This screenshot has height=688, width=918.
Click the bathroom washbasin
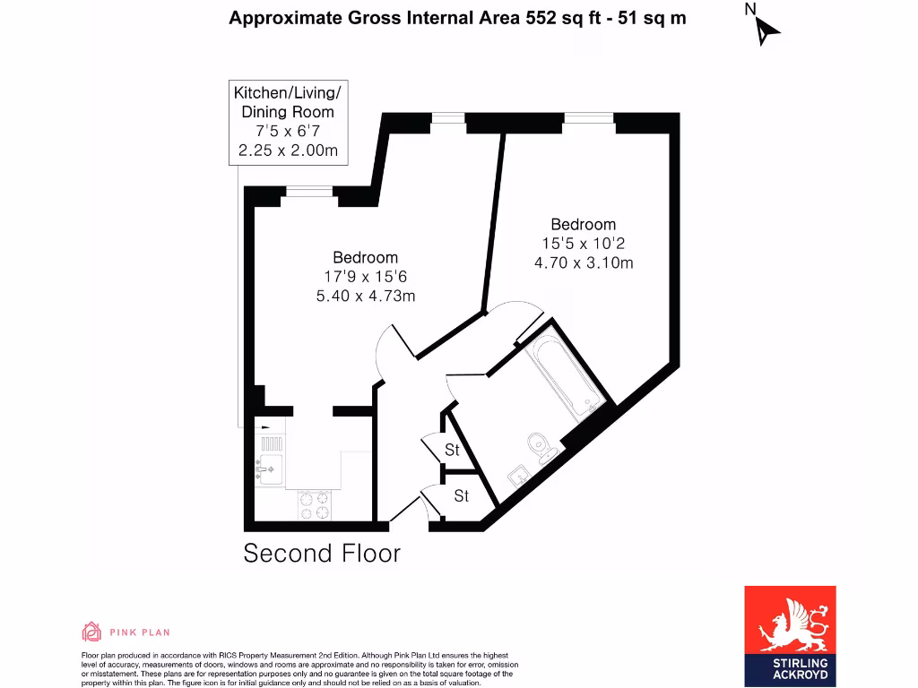(x=518, y=475)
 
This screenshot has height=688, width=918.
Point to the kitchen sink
(x=269, y=467)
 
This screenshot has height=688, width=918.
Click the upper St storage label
(x=453, y=449)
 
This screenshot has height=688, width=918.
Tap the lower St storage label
(x=461, y=495)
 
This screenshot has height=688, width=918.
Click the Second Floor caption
(x=322, y=554)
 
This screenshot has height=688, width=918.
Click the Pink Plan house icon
(x=91, y=632)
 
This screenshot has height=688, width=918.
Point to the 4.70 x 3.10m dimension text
(x=584, y=262)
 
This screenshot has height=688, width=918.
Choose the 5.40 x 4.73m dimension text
(x=366, y=296)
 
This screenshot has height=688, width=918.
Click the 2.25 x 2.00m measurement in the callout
(x=288, y=150)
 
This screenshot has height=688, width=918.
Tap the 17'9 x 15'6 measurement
(x=366, y=277)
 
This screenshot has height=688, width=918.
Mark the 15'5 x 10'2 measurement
(x=584, y=244)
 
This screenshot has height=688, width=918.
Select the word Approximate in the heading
(x=283, y=17)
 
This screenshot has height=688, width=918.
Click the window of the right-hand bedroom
(x=589, y=118)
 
